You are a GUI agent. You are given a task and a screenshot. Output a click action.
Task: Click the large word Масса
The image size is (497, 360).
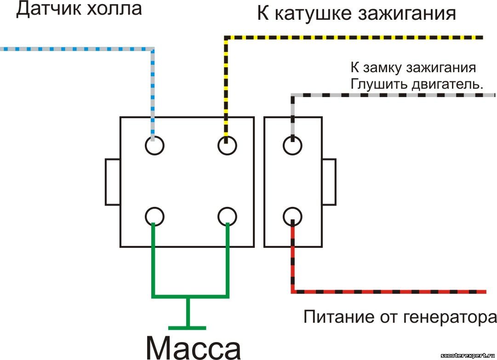(x=194, y=347)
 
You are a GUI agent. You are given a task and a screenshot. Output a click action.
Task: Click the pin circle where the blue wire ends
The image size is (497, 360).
(x=154, y=146)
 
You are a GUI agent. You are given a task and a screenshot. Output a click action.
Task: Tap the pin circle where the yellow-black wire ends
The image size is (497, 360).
(x=227, y=146)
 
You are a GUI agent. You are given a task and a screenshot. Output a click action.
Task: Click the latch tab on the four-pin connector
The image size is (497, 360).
(x=113, y=182)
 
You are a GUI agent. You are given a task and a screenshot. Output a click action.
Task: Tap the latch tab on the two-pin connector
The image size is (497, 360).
(x=329, y=182)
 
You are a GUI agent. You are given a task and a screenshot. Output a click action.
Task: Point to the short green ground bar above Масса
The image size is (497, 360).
(x=187, y=328)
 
